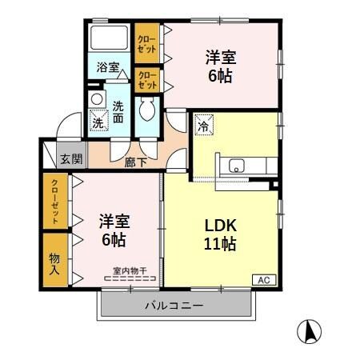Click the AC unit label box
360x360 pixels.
[x=263, y=279]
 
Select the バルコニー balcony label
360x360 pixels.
[x=174, y=306]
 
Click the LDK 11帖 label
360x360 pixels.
[x=218, y=234]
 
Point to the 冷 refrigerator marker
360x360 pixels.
[x=202, y=125]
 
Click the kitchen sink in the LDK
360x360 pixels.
[x=237, y=166]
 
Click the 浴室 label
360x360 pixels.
[x=108, y=68]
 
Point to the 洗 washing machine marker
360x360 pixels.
[x=98, y=122]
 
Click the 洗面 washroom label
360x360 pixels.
[x=118, y=111]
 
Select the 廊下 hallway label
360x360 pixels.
[x=135, y=162]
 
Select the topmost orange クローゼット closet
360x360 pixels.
[x=146, y=45]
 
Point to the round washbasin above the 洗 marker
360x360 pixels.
[x=96, y=99]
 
